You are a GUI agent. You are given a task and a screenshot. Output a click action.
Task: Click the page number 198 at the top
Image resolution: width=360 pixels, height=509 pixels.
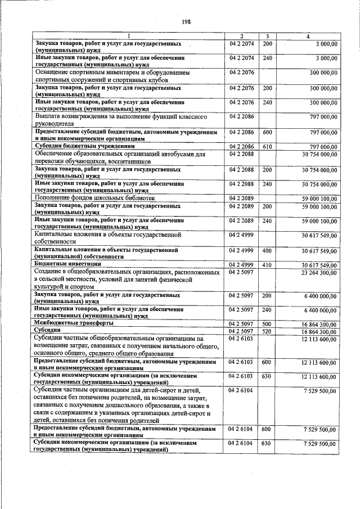(187, 22)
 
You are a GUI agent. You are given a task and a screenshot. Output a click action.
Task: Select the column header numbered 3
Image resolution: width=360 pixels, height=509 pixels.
(268, 37)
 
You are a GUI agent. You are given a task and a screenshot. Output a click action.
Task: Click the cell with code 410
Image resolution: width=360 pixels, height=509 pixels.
(267, 264)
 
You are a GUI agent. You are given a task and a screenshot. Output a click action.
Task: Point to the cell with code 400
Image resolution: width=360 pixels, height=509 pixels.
(267, 250)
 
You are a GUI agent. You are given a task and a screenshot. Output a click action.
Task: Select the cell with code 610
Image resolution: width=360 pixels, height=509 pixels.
(267, 146)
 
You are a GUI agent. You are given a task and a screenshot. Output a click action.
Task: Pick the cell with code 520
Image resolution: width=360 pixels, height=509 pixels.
(267, 332)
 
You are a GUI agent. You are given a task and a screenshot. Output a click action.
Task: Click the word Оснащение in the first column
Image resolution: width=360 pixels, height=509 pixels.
(53, 73)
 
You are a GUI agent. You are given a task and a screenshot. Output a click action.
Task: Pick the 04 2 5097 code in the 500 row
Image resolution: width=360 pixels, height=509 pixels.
(242, 324)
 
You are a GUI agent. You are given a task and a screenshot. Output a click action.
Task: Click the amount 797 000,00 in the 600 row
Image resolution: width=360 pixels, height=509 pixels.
(318, 132)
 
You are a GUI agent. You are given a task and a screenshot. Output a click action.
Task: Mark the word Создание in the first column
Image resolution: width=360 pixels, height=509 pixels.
(51, 272)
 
